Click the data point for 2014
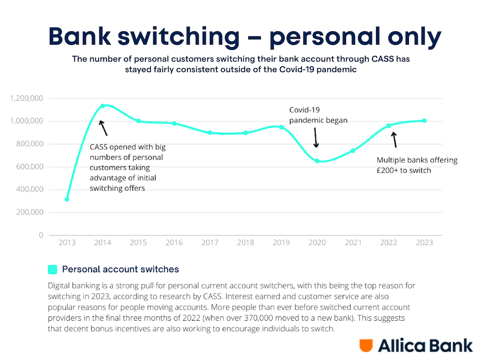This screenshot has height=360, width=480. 103,106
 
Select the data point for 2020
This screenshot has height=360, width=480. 317,161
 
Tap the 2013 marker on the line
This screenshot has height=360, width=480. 67,199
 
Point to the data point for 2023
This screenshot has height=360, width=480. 424,120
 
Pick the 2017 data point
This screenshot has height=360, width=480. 210,132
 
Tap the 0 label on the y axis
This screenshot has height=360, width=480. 41,235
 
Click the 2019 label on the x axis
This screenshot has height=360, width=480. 281,243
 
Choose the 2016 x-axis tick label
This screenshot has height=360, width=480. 174,243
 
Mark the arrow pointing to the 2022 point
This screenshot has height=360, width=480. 395,139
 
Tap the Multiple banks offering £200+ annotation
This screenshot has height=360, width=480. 417,165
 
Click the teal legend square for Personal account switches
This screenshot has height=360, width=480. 53,269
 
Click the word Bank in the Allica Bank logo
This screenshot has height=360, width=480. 449,346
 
